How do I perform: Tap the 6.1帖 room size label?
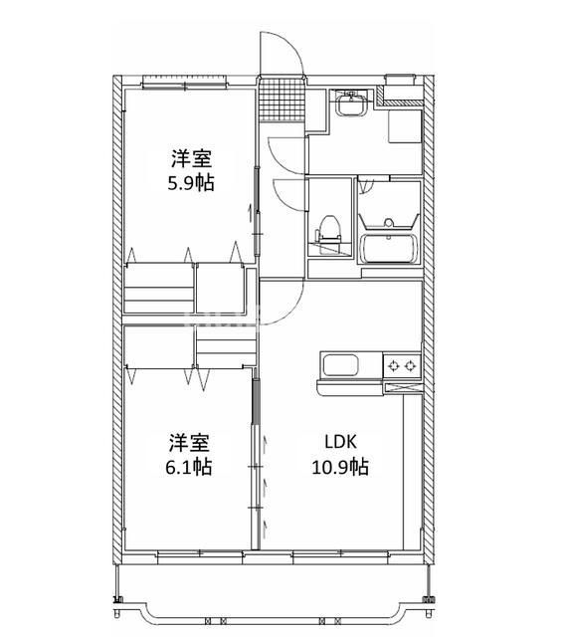(x=189, y=465)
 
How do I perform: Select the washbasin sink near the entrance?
(x=349, y=103)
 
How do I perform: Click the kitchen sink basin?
(x=338, y=365)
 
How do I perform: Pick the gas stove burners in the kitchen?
(x=403, y=365)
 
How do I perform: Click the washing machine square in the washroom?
(x=402, y=127)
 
